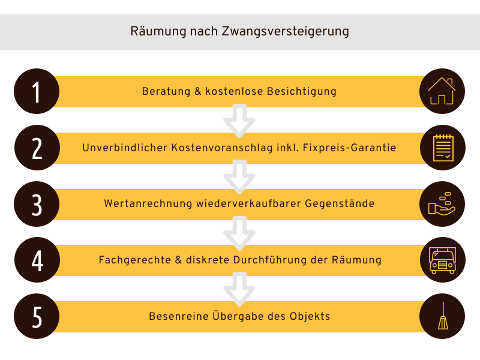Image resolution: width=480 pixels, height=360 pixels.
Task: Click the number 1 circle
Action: click(x=37, y=91)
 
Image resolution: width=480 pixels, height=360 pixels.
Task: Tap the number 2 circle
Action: click(x=37, y=148)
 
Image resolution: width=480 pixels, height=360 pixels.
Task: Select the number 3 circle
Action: click(x=37, y=204)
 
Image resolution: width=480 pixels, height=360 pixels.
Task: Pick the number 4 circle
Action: click(x=37, y=260)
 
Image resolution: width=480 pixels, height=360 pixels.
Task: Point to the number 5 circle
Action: click(x=37, y=316)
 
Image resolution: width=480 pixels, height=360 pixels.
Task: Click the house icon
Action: click(x=442, y=91)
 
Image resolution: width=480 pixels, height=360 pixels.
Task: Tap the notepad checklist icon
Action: click(x=443, y=148)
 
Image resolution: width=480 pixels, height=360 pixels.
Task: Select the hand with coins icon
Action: click(x=442, y=204)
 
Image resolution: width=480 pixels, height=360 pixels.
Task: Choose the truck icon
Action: click(x=443, y=260)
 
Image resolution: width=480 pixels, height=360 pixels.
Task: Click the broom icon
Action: click(x=443, y=316)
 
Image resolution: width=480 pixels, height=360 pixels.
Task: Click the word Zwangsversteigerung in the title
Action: click(x=286, y=32)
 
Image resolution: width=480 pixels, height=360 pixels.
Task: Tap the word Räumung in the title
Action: click(x=158, y=31)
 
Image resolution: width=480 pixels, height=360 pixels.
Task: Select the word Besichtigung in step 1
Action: click(x=302, y=92)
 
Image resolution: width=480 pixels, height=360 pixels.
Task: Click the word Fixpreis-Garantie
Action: click(x=349, y=148)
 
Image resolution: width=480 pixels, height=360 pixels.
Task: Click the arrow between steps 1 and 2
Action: click(x=239, y=121)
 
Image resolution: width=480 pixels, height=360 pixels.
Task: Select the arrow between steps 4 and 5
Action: click(x=239, y=289)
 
